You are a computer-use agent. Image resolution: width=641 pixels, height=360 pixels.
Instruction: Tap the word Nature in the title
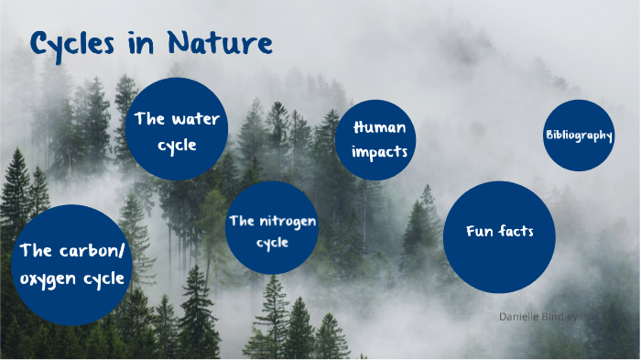(223, 42)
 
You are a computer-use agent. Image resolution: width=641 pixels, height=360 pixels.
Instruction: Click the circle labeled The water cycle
(178, 129)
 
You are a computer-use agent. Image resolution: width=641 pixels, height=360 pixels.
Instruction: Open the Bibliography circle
(579, 136)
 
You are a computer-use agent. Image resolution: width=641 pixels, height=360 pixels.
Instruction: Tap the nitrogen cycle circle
(272, 229)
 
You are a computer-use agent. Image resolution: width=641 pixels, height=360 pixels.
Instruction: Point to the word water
(195, 119)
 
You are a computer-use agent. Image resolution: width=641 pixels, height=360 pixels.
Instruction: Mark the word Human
(379, 127)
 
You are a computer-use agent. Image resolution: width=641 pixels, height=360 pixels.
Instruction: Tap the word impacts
(379, 151)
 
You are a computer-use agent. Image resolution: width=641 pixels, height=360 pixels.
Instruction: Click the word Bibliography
(579, 136)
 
